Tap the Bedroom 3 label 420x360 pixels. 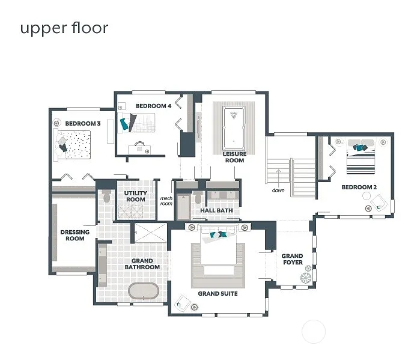click(82, 123)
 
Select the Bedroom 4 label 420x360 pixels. click(153, 106)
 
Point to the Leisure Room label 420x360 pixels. click(234, 157)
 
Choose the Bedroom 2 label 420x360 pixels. click(359, 187)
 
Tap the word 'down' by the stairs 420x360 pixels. click(278, 191)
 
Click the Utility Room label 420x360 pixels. click(135, 197)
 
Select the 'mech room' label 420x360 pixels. click(166, 201)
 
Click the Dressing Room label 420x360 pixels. click(75, 235)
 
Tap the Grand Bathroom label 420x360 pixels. click(142, 264)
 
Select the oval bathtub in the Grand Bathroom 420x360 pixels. click(144, 291)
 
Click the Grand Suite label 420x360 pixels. click(218, 294)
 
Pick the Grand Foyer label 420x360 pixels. click(293, 260)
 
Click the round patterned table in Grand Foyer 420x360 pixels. click(306, 278)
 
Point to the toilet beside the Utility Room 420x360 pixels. click(106, 197)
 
